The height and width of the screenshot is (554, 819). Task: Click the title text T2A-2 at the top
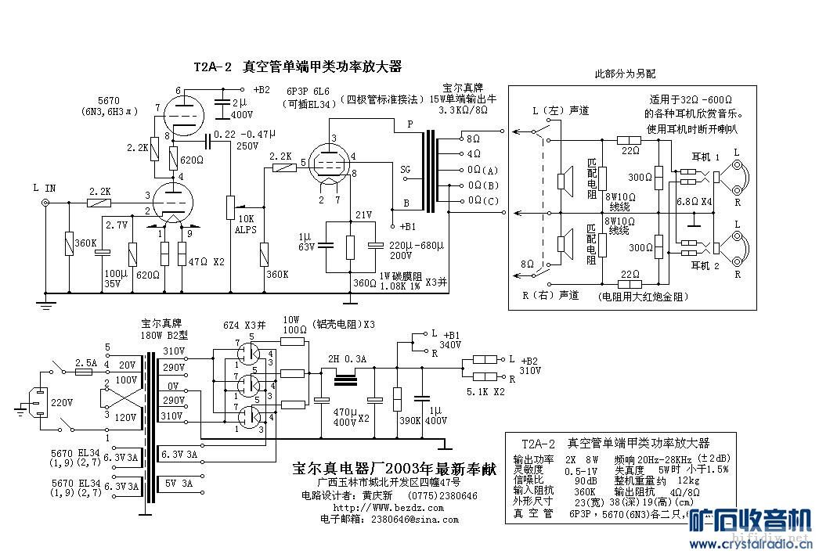pyautogui.click(x=213, y=68)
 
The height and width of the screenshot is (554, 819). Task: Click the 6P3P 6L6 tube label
pyautogui.click(x=308, y=91)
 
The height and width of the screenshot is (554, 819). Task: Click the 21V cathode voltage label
pyautogui.click(x=363, y=214)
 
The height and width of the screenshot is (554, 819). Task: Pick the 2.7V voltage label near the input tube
pyautogui.click(x=116, y=225)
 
